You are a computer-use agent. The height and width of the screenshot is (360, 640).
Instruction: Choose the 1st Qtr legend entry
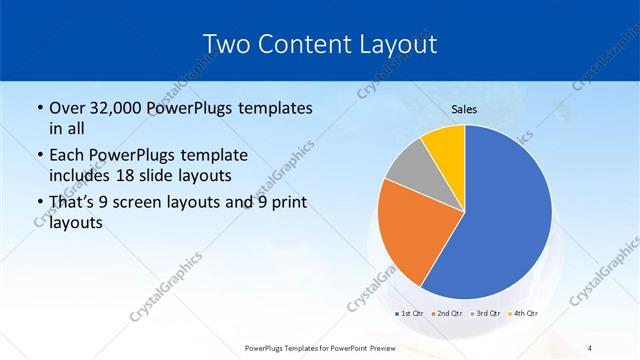tap(408, 314)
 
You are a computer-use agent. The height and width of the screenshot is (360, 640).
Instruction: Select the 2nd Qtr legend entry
tap(446, 314)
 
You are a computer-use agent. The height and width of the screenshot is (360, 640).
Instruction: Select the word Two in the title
tap(226, 44)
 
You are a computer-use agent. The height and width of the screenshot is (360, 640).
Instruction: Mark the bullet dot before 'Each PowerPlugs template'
tap(39, 156)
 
